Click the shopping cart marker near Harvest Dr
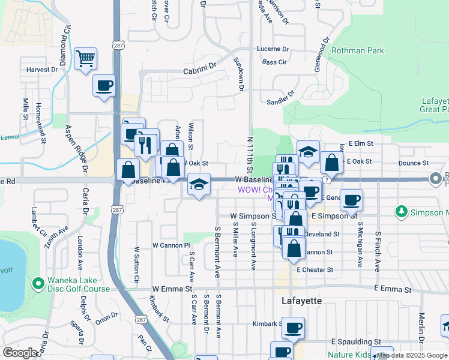86,59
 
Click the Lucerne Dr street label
273,49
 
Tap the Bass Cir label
274,62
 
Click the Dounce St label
413,163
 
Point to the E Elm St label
360,144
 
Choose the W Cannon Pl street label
170,245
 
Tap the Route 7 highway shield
326,180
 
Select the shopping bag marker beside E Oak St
331,161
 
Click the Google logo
20,352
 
